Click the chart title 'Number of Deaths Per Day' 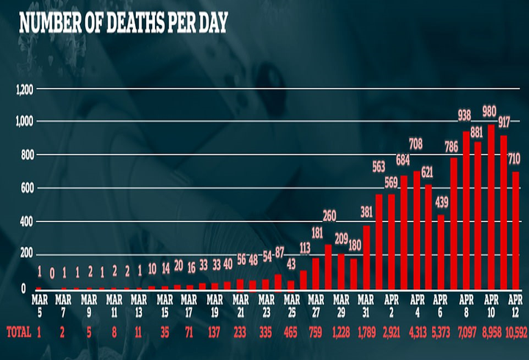123,21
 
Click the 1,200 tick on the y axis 23,89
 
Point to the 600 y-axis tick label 26,189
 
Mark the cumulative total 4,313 417,332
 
